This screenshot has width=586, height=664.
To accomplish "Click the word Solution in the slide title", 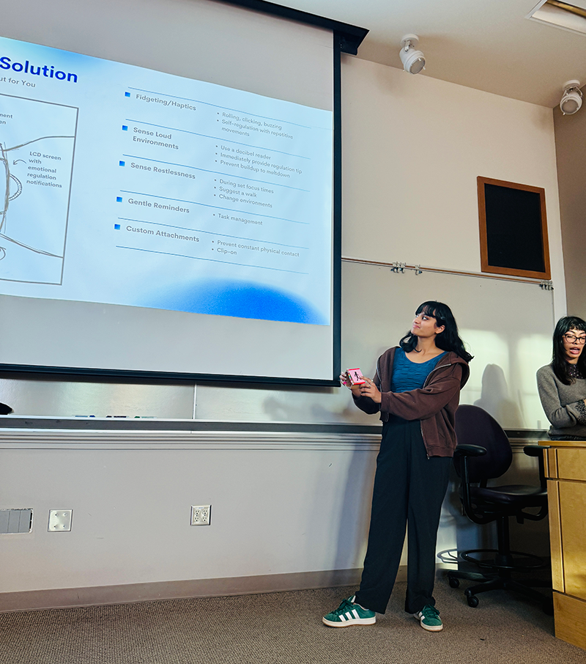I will [x=39, y=72].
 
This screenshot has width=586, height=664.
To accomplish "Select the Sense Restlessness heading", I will [x=163, y=171].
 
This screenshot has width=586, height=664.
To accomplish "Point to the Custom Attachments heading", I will [x=162, y=234].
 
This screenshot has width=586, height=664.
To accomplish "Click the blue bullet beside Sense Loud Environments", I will [x=125, y=128].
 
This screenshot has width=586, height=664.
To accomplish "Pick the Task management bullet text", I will [x=240, y=218].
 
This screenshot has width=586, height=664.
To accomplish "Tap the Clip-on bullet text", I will [x=226, y=250].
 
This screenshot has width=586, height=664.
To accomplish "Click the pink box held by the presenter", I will [x=355, y=376].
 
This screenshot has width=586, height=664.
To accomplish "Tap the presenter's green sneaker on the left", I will [x=349, y=613].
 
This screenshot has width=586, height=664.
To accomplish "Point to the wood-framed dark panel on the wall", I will [x=513, y=227].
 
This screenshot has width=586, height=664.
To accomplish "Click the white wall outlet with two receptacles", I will [x=200, y=514].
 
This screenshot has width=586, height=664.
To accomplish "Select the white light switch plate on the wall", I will [x=60, y=520].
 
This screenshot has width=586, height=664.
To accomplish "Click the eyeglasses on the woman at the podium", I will [x=574, y=338].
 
